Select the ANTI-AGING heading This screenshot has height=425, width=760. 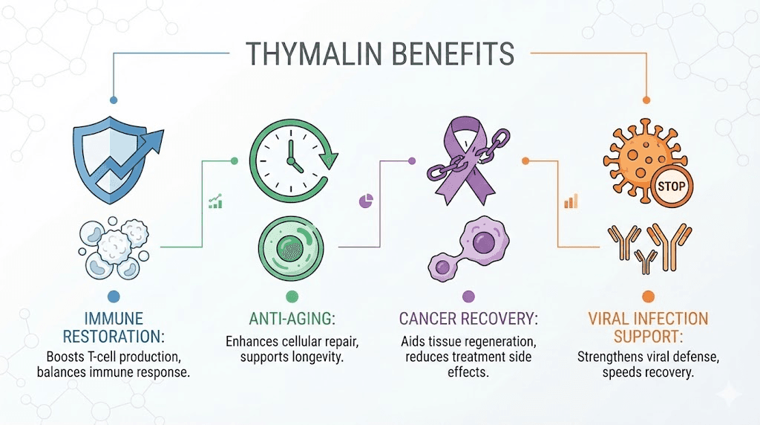coord(291,319)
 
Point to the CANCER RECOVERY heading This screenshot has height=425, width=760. coord(468,319)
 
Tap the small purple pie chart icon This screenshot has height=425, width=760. coord(365,200)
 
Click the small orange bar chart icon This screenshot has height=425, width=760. coord(571,201)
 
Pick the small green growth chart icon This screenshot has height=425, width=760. coord(215,201)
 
